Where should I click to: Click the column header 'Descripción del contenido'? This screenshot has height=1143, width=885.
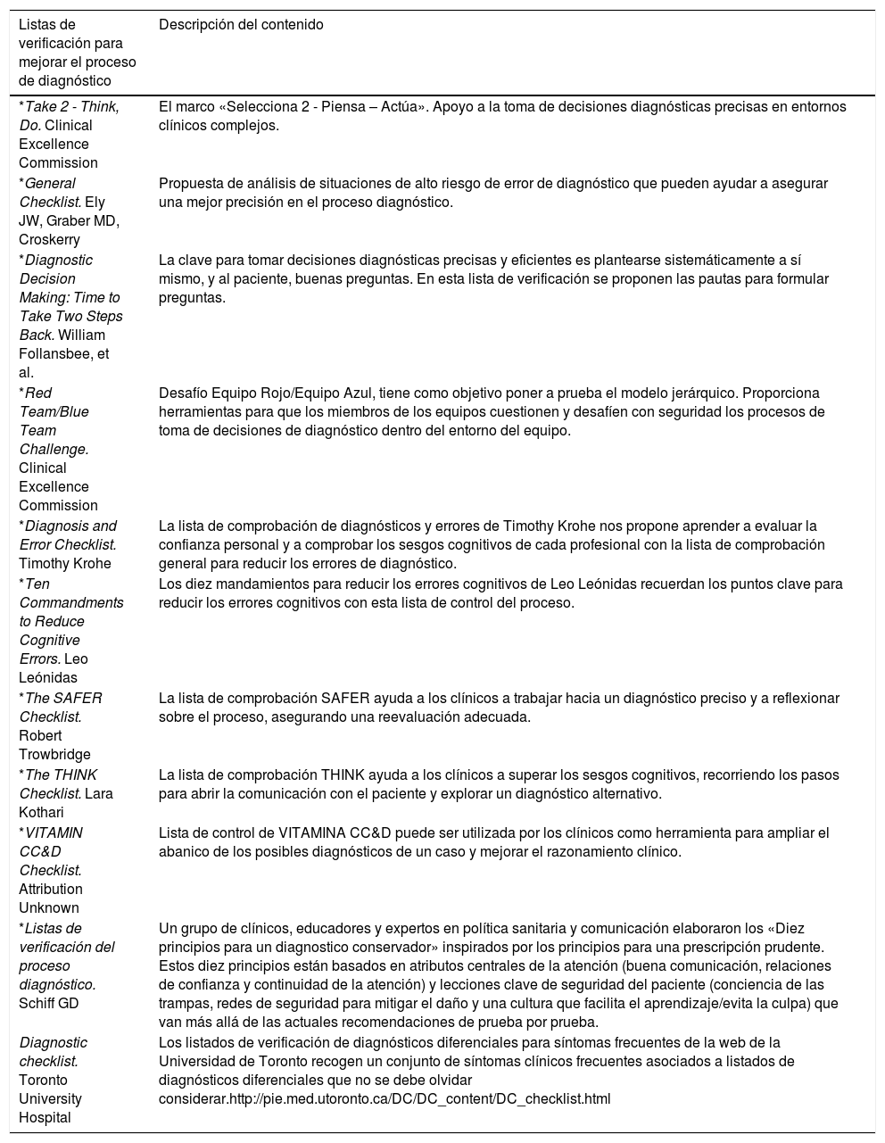[x=241, y=25]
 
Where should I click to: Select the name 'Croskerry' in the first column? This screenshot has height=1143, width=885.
[x=49, y=239]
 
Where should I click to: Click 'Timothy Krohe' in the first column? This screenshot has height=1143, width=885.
[x=65, y=563]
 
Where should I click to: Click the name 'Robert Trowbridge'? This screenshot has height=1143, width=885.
[x=54, y=745]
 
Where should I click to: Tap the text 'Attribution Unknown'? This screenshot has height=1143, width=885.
[x=52, y=899]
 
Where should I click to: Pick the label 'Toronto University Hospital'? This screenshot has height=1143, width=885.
[x=51, y=1098]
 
